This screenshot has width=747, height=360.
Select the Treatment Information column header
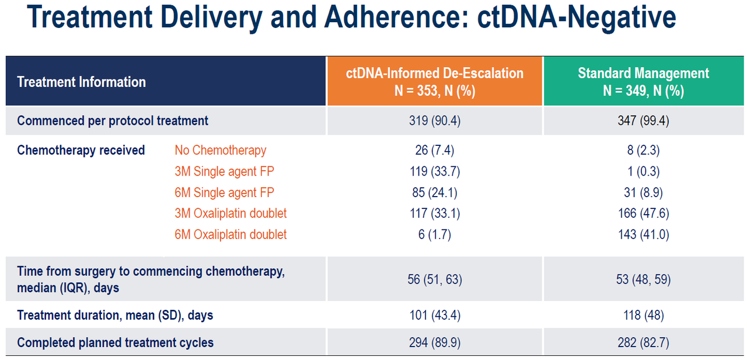tap(81, 82)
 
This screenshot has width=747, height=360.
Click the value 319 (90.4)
tap(435, 121)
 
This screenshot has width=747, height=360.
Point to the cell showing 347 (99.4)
tap(643, 121)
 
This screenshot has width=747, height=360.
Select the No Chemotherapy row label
tap(221, 151)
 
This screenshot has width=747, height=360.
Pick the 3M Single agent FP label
tap(225, 172)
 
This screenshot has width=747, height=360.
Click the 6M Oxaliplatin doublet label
tap(231, 235)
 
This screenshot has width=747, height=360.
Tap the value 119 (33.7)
tap(435, 172)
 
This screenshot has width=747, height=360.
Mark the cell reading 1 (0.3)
tap(643, 172)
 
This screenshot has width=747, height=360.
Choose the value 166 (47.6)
tap(643, 214)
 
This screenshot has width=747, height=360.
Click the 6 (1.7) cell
tap(435, 235)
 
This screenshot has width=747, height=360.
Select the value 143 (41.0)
tap(643, 235)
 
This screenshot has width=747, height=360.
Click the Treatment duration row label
tap(115, 315)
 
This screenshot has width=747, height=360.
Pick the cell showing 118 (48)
tap(643, 315)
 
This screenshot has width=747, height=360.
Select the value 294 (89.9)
tap(435, 342)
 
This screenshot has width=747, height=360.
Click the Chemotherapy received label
tap(81, 151)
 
